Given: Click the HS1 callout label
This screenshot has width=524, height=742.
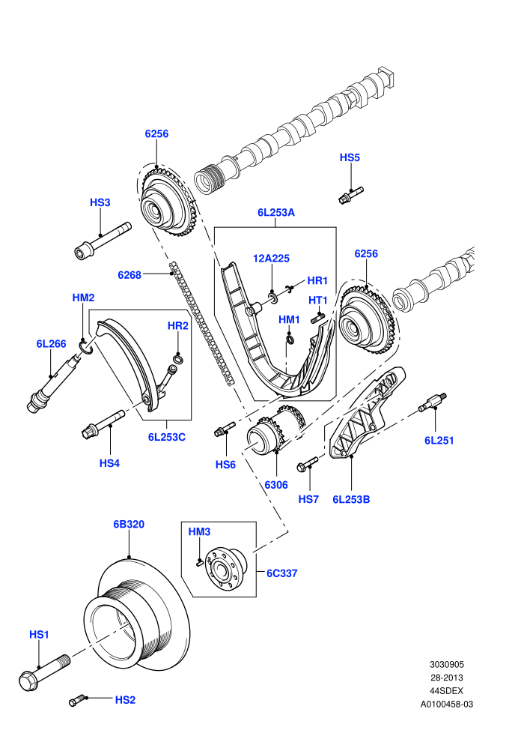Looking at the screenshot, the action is pos(39,634).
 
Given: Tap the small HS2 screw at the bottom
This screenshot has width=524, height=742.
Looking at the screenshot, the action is pos(77,700).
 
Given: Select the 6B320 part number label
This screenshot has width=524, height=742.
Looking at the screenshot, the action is pos(129,525).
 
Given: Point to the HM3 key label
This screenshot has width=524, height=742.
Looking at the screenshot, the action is pos(199,532).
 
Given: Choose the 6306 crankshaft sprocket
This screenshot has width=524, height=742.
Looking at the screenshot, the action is pos(276,429).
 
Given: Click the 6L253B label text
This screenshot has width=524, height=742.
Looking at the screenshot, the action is pos(351,499).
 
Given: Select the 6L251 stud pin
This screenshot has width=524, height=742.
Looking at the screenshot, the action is pos(433,402).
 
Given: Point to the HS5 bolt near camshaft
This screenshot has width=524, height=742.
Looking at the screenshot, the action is pos(351,196).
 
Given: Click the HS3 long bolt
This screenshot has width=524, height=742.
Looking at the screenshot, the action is pos(103,241).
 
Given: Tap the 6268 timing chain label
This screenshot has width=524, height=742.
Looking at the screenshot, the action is pos(130,275).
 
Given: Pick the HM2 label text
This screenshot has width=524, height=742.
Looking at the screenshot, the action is pos(83,298).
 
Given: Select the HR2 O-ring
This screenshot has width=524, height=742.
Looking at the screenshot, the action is pos(177,360).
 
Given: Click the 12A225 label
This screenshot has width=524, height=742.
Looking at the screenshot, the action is pos(271,259).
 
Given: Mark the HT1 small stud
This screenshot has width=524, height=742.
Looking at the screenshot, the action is pos(317,319).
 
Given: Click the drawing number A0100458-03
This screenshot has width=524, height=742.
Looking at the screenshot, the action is pos(447,704).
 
